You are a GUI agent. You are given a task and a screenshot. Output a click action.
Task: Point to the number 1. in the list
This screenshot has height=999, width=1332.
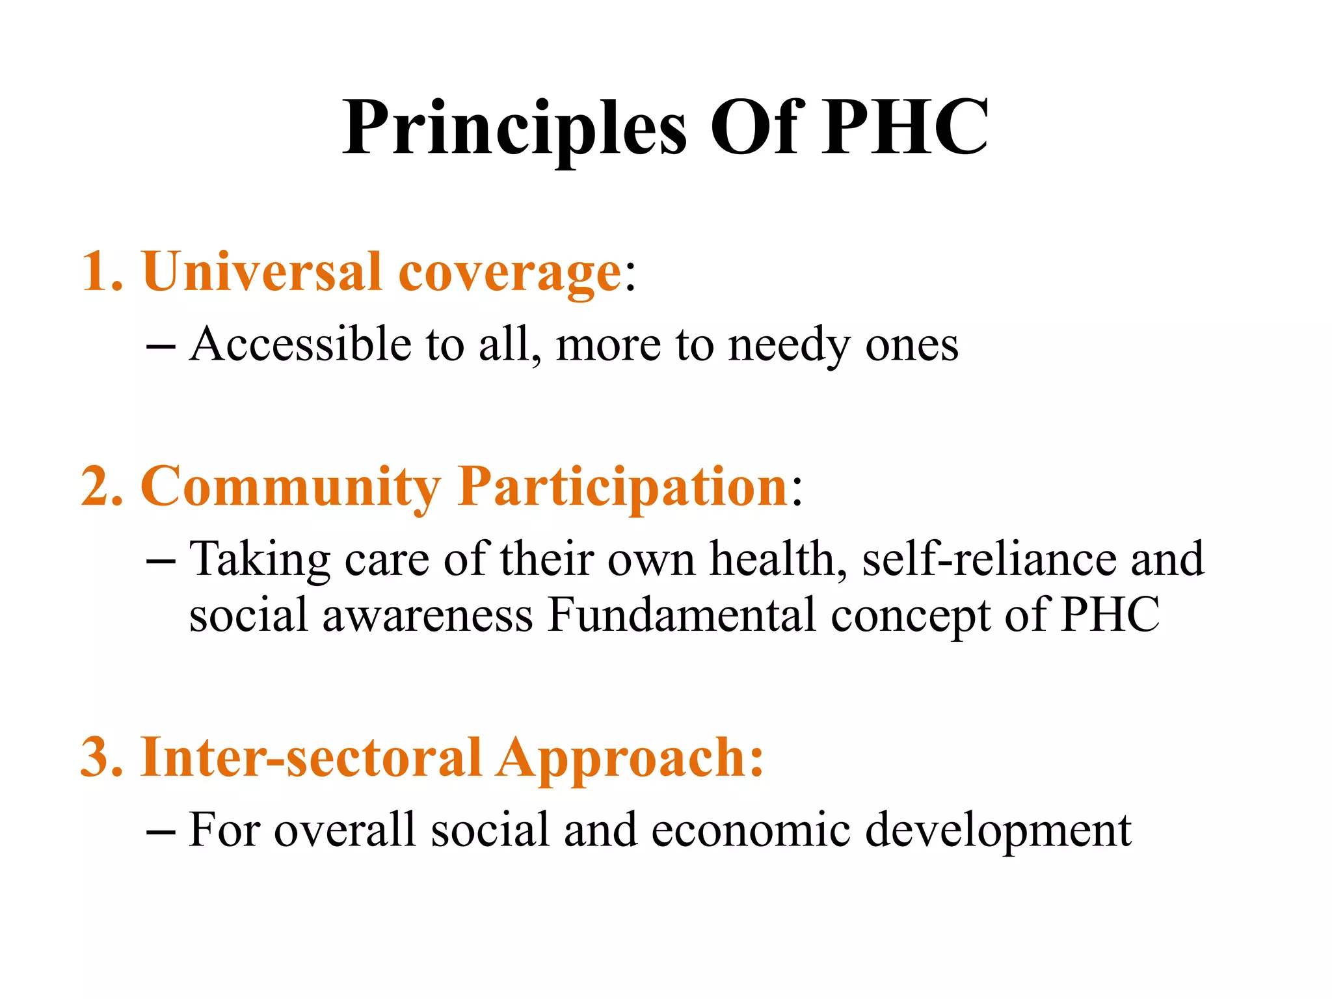tap(101, 272)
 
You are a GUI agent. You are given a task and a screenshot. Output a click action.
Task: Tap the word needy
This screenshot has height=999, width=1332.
tap(788, 345)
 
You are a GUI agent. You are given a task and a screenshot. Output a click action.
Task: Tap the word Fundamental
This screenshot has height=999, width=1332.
tap(682, 615)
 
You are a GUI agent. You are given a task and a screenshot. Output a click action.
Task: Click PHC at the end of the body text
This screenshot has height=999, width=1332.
tap(1110, 615)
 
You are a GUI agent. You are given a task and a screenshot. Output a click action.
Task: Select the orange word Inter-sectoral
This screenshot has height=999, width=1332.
tap(311, 758)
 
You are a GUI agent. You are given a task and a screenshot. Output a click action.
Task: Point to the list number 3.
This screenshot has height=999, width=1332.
tap(101, 758)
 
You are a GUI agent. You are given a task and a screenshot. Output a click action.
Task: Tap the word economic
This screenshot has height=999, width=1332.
tap(751, 831)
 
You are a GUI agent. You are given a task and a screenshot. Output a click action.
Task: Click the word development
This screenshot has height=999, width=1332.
tap(998, 831)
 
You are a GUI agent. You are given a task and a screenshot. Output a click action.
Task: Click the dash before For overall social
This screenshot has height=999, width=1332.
tap(161, 832)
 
